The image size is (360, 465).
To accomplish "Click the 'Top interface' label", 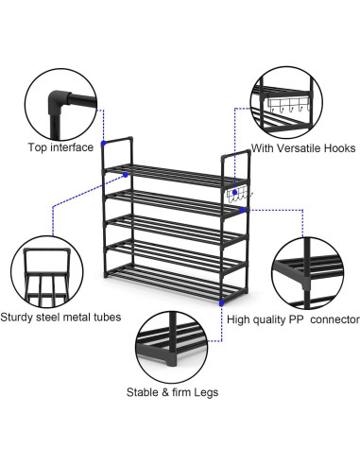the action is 60,147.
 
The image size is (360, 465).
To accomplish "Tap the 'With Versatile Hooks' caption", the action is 303,148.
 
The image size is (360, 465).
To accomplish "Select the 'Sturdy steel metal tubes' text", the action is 60,317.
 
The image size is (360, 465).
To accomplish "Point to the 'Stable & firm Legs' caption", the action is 172,392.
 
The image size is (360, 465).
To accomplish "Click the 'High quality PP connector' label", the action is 293,319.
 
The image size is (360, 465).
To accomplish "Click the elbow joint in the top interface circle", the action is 59,100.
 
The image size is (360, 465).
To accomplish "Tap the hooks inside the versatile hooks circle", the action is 289,105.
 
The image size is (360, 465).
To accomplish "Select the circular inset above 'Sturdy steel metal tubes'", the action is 47,272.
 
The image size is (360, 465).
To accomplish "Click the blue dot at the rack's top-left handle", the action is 103,144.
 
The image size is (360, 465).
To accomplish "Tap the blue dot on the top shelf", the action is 126,175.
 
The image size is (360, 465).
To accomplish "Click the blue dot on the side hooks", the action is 234,192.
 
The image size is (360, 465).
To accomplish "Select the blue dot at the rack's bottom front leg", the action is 222,303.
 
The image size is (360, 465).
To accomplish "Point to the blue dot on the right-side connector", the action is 242,210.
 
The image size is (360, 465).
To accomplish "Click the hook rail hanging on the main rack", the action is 239,196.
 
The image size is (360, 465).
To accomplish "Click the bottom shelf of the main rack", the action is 175,281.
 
